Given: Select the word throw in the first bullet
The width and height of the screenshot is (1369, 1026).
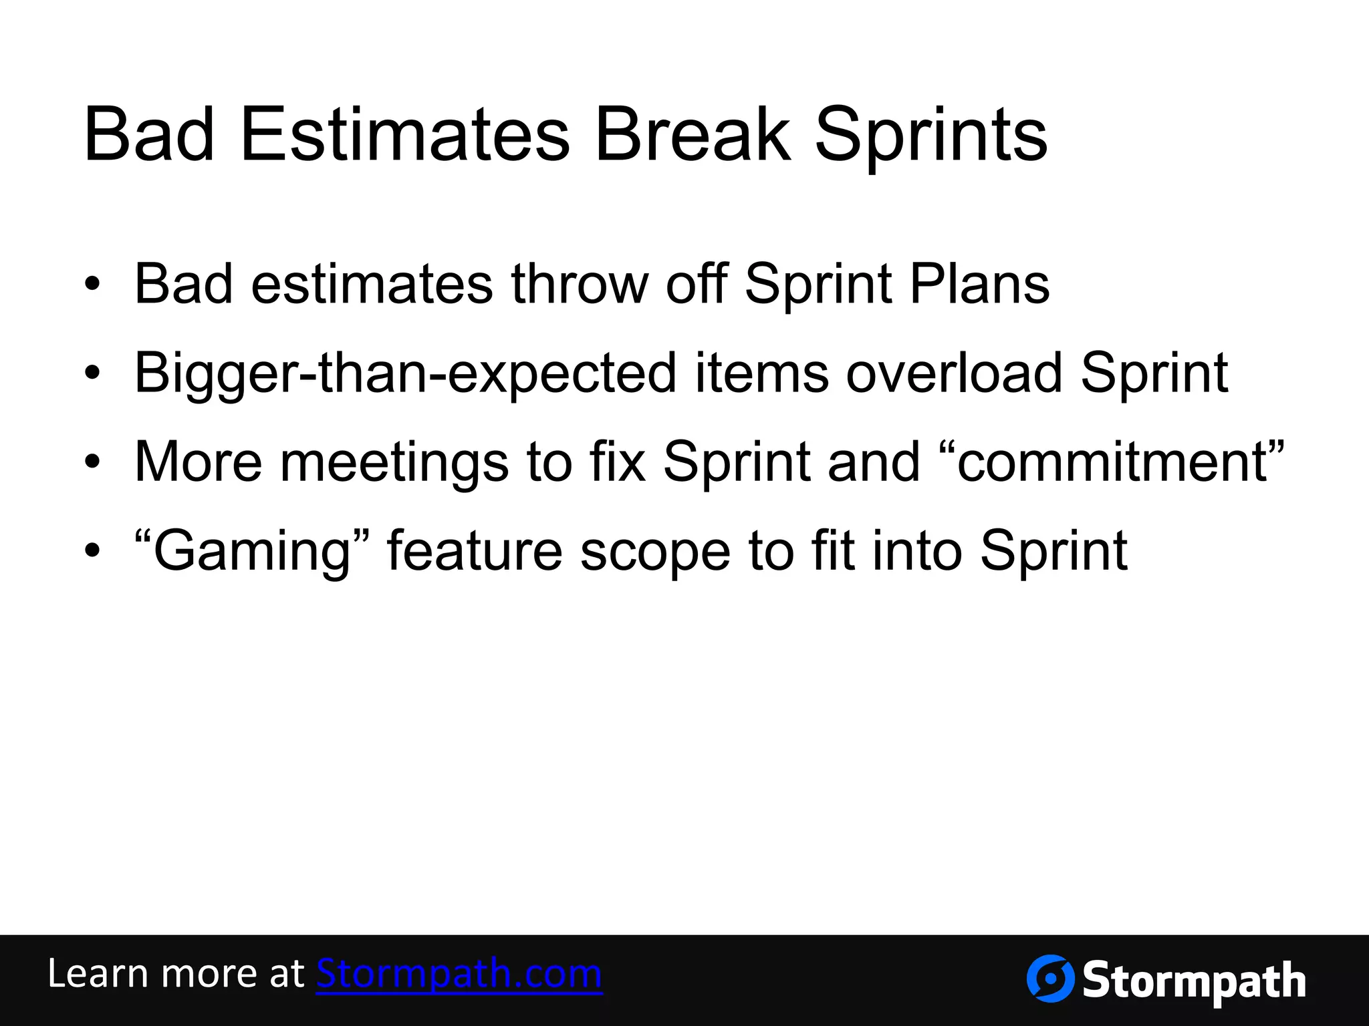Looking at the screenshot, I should pyautogui.click(x=580, y=284).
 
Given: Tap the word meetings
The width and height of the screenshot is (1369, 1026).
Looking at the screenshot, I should pyautogui.click(x=394, y=462).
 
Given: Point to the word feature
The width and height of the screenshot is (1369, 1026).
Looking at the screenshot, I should pyautogui.click(x=475, y=551).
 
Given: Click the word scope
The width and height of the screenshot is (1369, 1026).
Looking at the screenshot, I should pyautogui.click(x=655, y=552).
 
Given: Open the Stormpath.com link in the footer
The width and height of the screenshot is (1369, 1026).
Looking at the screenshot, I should pyautogui.click(x=459, y=974).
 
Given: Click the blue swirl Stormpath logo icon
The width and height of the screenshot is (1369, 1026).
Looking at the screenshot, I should pyautogui.click(x=1050, y=979).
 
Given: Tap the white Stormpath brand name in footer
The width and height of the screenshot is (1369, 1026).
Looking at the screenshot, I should pyautogui.click(x=1194, y=981).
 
